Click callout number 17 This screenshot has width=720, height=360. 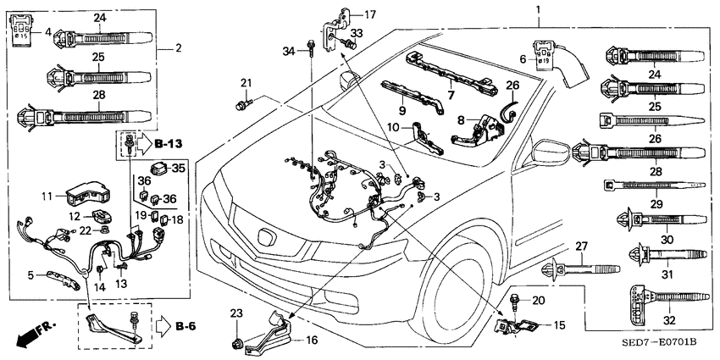369,14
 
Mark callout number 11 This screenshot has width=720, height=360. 47,197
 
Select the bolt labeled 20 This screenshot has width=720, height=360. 515,301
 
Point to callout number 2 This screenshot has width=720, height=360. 179,49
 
